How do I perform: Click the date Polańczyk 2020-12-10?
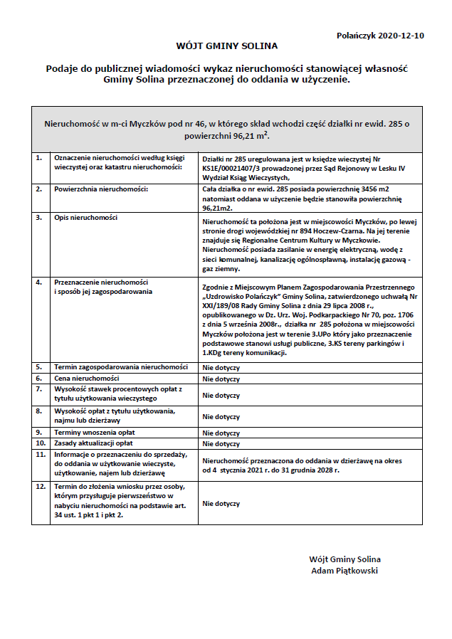click(x=381, y=35)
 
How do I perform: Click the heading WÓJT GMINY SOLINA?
click(x=226, y=46)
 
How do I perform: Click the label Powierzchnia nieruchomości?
click(x=101, y=190)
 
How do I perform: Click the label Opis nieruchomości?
click(x=86, y=217)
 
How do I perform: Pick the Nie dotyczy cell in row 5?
click(x=221, y=368)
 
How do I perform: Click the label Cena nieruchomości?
click(x=87, y=379)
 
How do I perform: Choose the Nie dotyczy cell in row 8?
click(x=221, y=417)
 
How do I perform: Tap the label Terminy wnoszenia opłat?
click(x=95, y=433)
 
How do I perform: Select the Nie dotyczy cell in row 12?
click(x=221, y=503)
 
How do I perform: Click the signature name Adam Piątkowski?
click(x=345, y=571)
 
